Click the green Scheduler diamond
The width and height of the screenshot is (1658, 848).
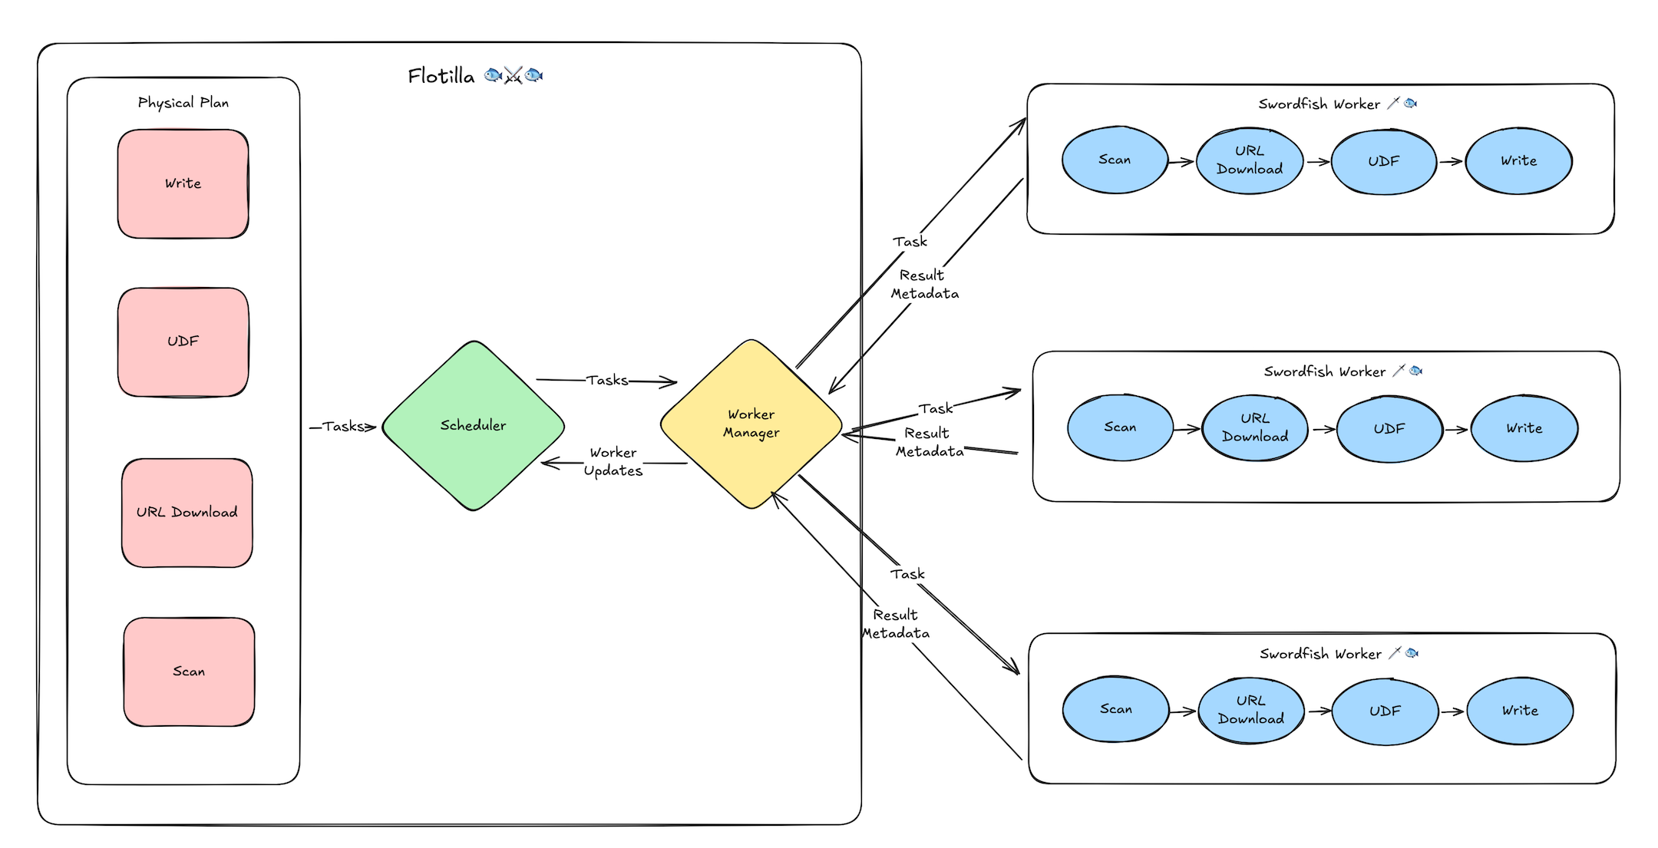473,426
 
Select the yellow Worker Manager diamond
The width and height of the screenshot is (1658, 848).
751,424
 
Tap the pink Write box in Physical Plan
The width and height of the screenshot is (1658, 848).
183,183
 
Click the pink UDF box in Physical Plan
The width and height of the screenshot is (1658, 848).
183,342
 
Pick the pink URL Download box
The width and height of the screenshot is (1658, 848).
187,513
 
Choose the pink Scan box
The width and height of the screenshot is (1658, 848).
189,671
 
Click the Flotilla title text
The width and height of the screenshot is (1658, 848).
441,76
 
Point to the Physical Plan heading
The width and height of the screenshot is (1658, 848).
183,103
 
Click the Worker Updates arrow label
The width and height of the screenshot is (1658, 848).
613,462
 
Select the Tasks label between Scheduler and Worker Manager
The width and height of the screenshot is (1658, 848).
606,380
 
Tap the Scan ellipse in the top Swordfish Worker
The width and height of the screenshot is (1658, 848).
1115,160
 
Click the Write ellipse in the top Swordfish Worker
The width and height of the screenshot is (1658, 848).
1518,161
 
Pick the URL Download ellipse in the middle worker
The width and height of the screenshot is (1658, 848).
1255,427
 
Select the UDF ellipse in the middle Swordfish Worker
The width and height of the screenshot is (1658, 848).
1389,429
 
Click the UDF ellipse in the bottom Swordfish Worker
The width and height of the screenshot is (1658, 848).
1385,711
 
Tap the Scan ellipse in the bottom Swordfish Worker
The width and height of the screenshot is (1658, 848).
1115,709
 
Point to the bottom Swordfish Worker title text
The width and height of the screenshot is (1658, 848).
1320,654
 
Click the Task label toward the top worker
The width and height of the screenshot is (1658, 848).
910,242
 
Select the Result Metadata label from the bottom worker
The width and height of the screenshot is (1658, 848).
895,624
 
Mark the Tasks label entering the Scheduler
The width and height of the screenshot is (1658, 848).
343,427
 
